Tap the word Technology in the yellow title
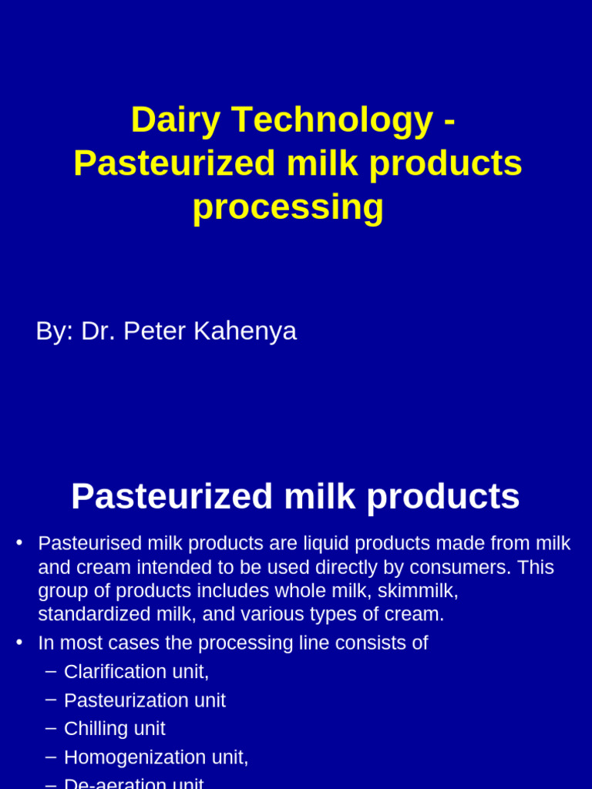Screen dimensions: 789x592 coord(331,120)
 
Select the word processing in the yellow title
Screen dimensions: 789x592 coord(288,207)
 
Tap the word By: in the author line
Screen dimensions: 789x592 coord(54,331)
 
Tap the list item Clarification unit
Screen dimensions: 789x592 coord(136,672)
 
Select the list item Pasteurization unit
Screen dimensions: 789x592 coord(145,700)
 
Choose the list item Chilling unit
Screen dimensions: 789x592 coord(115,729)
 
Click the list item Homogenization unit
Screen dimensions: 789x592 coord(156,757)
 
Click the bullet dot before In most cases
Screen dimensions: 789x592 coord(19,642)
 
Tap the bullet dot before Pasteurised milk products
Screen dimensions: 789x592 coord(19,542)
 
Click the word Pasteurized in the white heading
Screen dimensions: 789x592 coord(171,496)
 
